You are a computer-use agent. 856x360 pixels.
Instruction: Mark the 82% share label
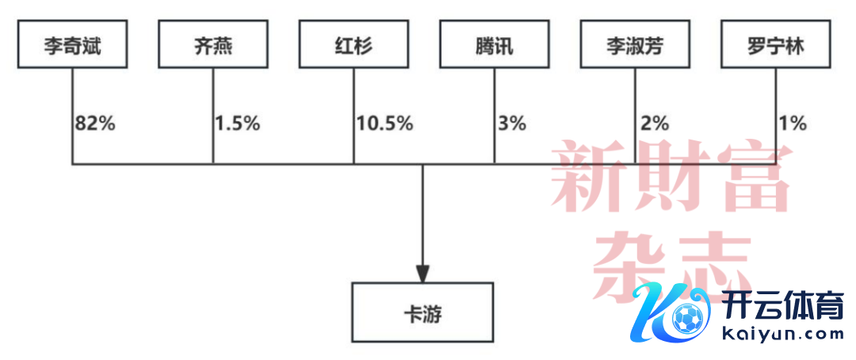tap(96, 124)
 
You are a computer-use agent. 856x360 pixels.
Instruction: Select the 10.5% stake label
tap(385, 124)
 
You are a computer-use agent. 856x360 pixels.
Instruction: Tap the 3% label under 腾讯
tap(512, 124)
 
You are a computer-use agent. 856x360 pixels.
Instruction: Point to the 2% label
tap(654, 124)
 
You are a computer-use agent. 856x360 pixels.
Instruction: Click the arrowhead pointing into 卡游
tap(422, 274)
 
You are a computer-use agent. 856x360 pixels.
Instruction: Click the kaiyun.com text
tap(782, 333)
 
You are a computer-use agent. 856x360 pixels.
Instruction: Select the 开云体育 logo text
tap(782, 304)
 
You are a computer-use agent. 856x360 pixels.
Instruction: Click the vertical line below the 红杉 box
tap(353, 117)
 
